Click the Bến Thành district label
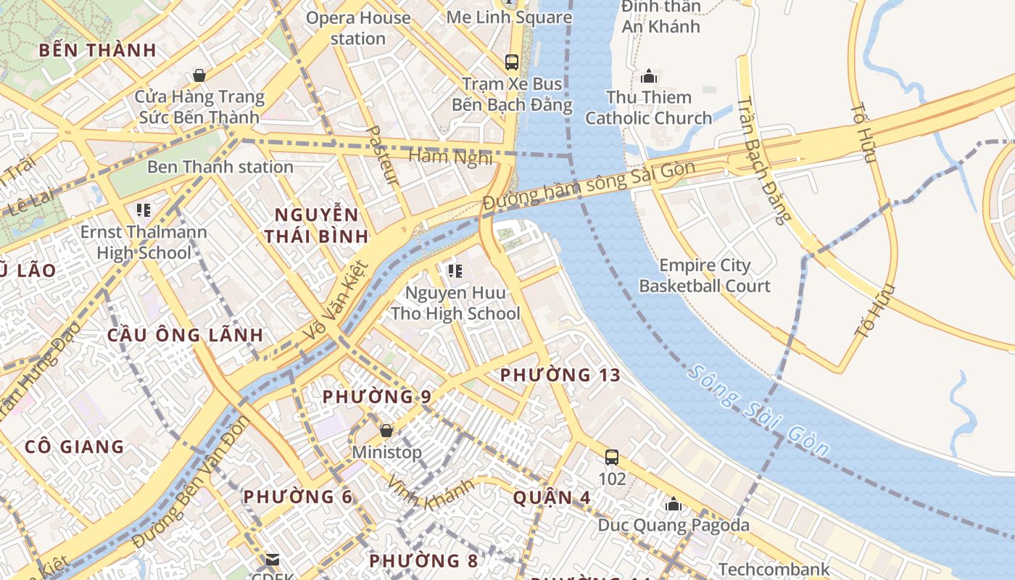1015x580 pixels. point(97,50)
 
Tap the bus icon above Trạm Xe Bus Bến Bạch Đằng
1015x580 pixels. point(512,62)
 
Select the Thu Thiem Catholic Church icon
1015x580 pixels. point(648,75)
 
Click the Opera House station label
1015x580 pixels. point(358,28)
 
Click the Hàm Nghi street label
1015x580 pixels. point(450,156)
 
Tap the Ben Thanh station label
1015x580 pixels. point(220,167)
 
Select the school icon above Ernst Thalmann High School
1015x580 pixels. point(144,210)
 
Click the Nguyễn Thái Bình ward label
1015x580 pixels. point(316,225)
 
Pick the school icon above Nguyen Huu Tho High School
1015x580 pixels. point(455,271)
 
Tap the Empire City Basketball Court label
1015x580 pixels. point(704,275)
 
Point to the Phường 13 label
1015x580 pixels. point(560,375)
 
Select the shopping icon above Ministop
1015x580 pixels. point(386,431)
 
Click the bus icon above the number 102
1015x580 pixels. point(612,457)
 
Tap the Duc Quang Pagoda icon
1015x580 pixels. point(674,503)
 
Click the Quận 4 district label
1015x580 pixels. point(552,497)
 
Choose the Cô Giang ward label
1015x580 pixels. point(75,446)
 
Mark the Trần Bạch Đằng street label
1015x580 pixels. point(761,159)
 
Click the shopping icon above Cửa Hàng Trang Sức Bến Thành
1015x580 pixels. point(199,75)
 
